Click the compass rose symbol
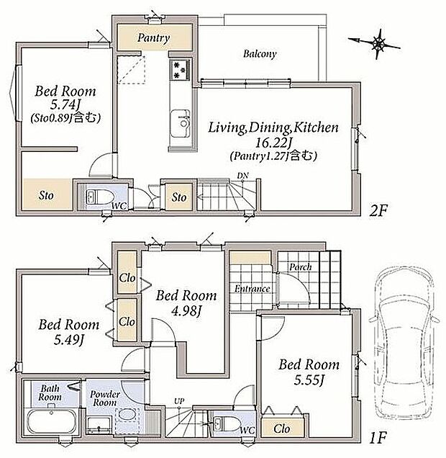(x=376, y=44)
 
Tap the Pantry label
(x=153, y=37)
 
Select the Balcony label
(x=260, y=54)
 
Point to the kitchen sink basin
(x=181, y=123)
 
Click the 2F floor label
(x=378, y=210)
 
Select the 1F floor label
(x=378, y=438)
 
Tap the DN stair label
(x=242, y=176)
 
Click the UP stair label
(x=179, y=401)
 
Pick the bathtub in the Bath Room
(x=52, y=422)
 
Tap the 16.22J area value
(x=273, y=143)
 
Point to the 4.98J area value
(x=186, y=311)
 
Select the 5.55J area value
(x=309, y=380)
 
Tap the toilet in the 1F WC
(x=226, y=424)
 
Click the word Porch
(x=301, y=267)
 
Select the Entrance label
(x=252, y=289)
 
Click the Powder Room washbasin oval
(x=127, y=414)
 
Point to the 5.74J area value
(x=67, y=104)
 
